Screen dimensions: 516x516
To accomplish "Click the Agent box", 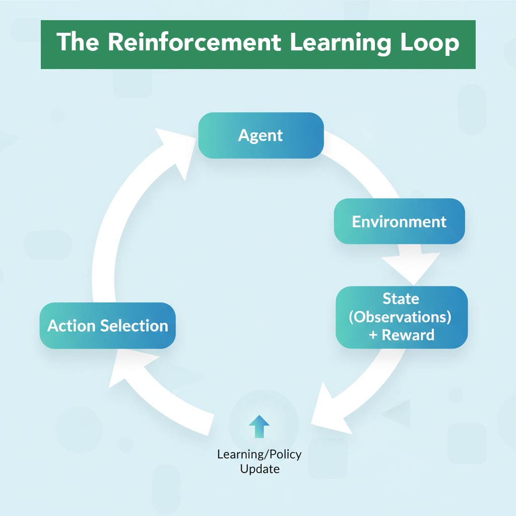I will tap(261, 135).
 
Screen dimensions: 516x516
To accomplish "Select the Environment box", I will tap(399, 221).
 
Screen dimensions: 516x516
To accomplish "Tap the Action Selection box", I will tap(107, 326).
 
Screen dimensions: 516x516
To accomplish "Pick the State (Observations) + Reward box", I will tap(402, 317).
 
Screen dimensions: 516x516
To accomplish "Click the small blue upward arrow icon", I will tap(259, 426).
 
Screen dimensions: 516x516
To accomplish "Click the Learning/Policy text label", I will tap(259, 454).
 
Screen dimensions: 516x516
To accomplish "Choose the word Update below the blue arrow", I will tap(259, 469).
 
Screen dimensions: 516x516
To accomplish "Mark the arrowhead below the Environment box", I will tap(411, 267).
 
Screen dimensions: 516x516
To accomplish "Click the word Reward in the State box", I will tap(408, 335).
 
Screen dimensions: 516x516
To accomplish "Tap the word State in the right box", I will tap(401, 298).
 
